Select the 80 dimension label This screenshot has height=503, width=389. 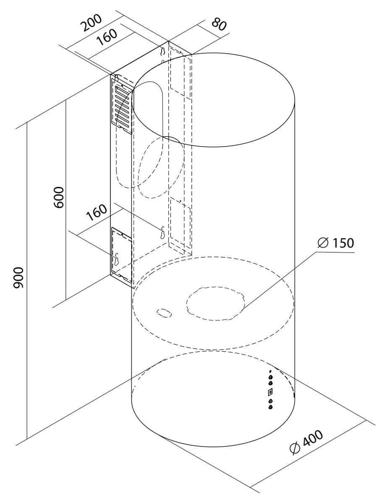point(217,24)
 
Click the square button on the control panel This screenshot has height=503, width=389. point(270,392)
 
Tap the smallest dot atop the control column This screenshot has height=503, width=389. point(270,371)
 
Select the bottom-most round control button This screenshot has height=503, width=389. point(270,407)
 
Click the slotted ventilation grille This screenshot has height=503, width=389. point(122,105)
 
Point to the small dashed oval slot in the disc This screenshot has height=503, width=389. point(164,313)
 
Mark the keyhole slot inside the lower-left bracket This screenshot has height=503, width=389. point(117,259)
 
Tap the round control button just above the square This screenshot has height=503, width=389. point(271,383)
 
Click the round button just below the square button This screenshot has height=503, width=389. point(270,402)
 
